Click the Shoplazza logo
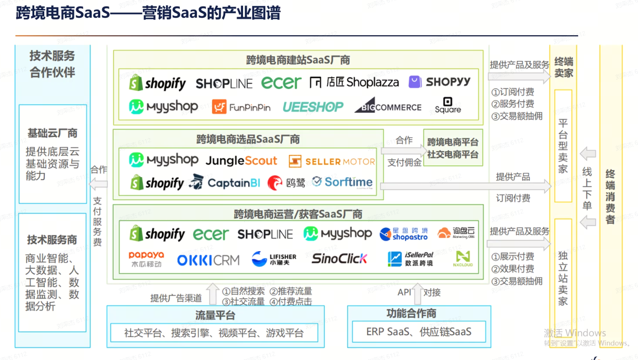point(354,82)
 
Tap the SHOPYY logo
point(439,82)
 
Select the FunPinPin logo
point(241,107)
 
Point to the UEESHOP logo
point(312,107)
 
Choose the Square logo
point(447,106)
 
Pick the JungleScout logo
point(241,161)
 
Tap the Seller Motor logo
point(332,162)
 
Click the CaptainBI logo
point(224,183)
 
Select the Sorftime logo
point(342,182)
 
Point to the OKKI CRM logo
point(208,260)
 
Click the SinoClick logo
point(339,259)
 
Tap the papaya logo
point(146,259)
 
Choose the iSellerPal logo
point(410,259)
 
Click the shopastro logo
point(404,234)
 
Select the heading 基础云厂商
point(52,133)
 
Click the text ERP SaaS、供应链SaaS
point(418,332)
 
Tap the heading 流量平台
point(215,315)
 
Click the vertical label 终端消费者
point(610,197)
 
